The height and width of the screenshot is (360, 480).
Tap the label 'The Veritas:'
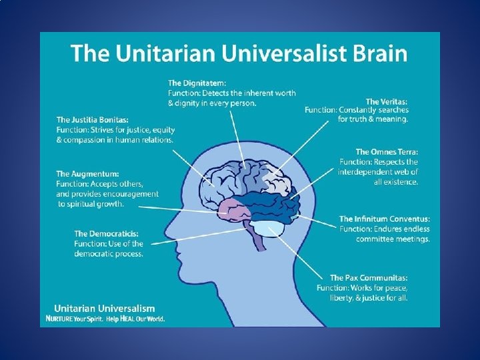(x=387, y=101)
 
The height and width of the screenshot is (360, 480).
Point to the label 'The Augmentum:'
(x=87, y=174)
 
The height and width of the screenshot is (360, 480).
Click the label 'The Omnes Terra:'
(x=387, y=152)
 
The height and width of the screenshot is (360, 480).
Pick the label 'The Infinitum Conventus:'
(x=385, y=219)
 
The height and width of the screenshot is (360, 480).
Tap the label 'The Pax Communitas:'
(x=369, y=277)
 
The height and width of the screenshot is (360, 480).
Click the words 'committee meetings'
(x=393, y=239)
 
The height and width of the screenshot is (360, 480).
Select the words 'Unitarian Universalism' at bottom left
(x=104, y=309)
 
